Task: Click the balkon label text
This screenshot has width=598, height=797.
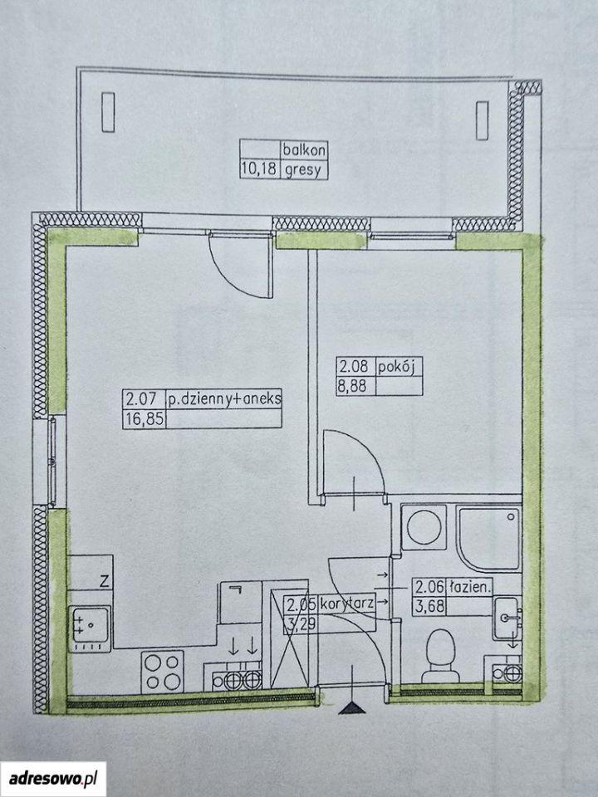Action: click(x=304, y=150)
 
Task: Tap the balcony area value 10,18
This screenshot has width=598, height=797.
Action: click(x=259, y=169)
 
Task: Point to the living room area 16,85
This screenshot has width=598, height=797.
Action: click(x=144, y=419)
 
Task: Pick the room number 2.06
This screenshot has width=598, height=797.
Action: click(x=429, y=589)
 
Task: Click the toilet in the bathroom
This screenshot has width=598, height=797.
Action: click(x=441, y=656)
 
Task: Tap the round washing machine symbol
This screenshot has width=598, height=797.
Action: click(x=424, y=527)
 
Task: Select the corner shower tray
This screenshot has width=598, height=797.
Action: click(x=489, y=538)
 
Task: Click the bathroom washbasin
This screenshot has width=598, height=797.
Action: click(x=507, y=618)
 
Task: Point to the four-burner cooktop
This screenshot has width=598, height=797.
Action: click(x=162, y=671)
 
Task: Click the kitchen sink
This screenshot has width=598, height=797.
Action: click(x=90, y=629)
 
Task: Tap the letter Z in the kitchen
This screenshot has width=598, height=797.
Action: click(x=105, y=581)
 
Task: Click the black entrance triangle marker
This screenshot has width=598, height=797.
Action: click(x=352, y=708)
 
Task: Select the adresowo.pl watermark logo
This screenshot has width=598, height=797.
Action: click(x=53, y=778)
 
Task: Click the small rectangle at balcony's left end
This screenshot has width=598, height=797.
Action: click(x=108, y=112)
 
